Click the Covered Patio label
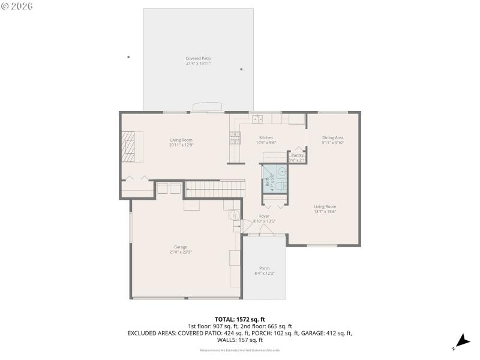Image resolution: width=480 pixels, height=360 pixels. [x=198, y=58]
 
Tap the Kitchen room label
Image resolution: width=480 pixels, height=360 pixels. [x=266, y=137]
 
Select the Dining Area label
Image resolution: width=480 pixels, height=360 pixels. [x=332, y=137]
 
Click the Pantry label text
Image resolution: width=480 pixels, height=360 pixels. [x=298, y=155]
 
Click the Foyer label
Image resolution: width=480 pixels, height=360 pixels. [x=264, y=216]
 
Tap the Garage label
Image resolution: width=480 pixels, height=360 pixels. [x=181, y=247]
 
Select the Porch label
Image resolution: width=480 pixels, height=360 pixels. [x=264, y=268]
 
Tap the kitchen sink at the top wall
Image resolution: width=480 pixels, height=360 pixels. [x=257, y=119]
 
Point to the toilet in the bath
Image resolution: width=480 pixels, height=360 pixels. [x=283, y=186]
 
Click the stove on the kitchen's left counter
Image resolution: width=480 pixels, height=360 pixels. [x=233, y=140]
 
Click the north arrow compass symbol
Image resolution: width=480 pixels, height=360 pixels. [x=460, y=340]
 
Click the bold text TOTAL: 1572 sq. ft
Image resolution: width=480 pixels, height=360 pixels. [x=240, y=319]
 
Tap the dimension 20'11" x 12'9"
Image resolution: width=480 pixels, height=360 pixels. [x=181, y=145]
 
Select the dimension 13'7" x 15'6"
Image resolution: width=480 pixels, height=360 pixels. [x=325, y=211]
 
